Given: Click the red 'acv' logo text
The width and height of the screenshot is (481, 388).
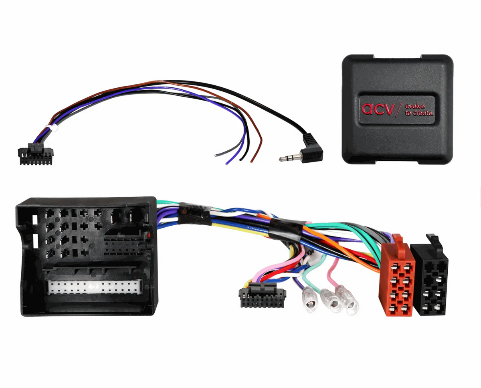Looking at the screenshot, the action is pyautogui.click(x=378, y=109).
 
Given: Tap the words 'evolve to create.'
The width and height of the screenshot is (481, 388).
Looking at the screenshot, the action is pyautogui.click(x=419, y=110).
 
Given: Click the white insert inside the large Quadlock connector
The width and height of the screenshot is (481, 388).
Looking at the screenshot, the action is pyautogui.click(x=95, y=287).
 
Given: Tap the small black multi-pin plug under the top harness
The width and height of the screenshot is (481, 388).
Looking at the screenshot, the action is pyautogui.click(x=36, y=154).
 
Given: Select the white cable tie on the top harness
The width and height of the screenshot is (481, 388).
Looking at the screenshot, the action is pyautogui.click(x=51, y=128).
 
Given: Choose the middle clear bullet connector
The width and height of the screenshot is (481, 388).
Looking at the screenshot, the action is pyautogui.click(x=331, y=301).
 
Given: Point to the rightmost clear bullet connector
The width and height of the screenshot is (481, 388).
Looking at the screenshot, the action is pyautogui.click(x=348, y=300).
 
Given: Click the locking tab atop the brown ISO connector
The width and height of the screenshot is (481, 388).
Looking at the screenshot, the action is pyautogui.click(x=398, y=243).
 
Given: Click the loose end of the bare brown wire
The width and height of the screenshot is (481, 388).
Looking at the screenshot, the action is pyautogui.click(x=251, y=162).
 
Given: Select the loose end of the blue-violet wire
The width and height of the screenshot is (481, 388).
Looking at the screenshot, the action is pyautogui.click(x=226, y=164).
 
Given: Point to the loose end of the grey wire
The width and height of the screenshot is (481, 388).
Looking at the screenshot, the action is pyautogui.click(x=216, y=156).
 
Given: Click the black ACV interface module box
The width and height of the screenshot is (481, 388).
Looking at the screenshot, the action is pyautogui.click(x=397, y=109).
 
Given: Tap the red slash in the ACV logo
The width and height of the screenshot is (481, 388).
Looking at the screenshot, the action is pyautogui.click(x=399, y=109).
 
